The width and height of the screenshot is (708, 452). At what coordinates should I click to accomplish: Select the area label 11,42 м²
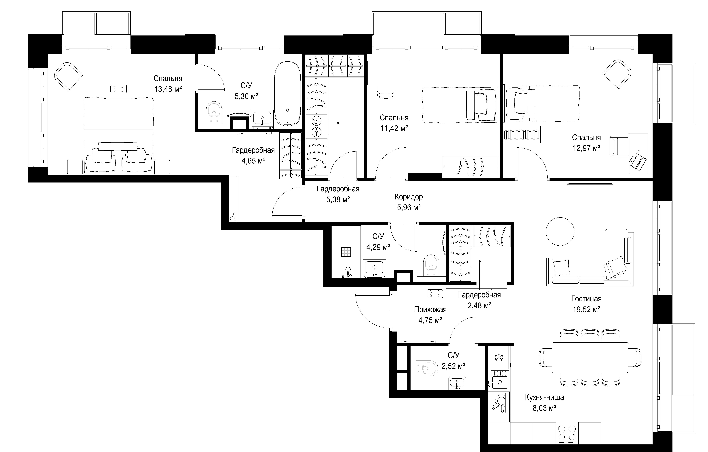point(394,128)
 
